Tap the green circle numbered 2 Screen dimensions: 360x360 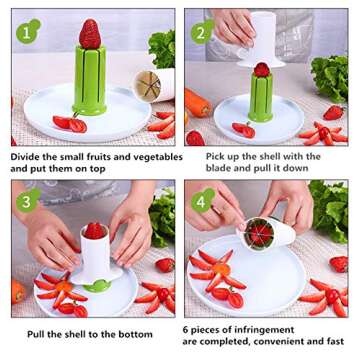click(204, 32)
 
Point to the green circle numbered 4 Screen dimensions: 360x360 click(204, 200)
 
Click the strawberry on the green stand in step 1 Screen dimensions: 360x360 click(90, 33)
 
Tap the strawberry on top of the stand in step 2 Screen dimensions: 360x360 click(262, 70)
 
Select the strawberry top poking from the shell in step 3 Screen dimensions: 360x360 click(93, 230)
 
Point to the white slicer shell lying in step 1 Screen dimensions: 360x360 click(152, 84)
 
